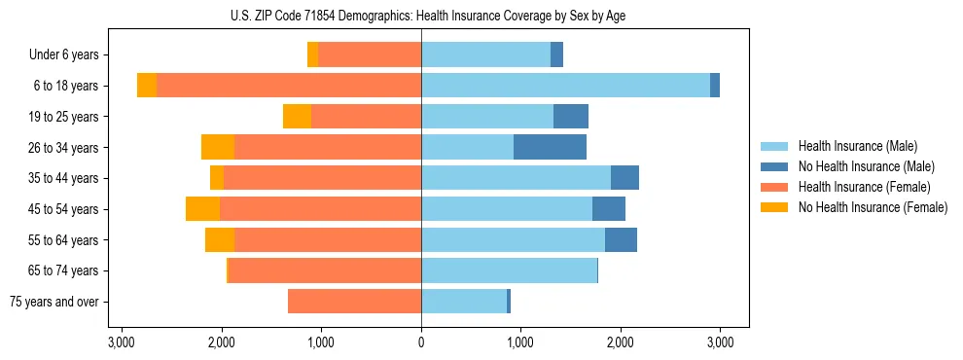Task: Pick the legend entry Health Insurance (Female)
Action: point(864,187)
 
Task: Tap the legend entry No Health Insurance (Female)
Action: point(873,207)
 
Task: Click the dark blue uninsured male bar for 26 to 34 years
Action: point(550,147)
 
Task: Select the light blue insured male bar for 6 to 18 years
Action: point(565,86)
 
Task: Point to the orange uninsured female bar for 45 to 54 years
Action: point(202,209)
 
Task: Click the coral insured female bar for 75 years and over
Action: point(354,302)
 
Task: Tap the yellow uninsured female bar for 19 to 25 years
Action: point(297,117)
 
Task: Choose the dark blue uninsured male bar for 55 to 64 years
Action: point(621,240)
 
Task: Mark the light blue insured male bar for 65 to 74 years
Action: point(509,270)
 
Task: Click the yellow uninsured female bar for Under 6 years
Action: point(312,54)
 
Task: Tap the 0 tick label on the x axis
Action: point(421,342)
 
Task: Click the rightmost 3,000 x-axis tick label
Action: point(720,342)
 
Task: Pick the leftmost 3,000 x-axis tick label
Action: point(122,342)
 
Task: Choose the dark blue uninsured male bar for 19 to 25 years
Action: point(571,117)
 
